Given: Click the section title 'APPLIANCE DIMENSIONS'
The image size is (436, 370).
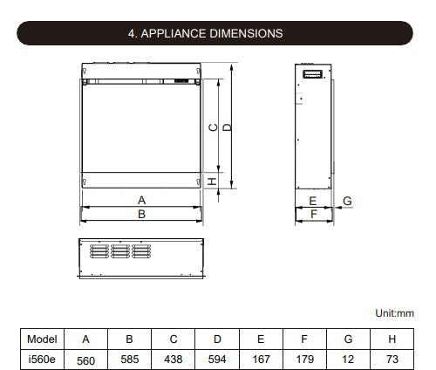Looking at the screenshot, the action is coord(212,33).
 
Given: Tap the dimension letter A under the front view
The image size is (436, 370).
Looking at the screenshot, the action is coord(141,200).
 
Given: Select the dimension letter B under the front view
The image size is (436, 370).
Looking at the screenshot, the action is coord(141,214).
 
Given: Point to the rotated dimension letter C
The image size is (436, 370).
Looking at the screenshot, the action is coord(214,127).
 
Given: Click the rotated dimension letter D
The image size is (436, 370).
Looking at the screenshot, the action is coord(228,127).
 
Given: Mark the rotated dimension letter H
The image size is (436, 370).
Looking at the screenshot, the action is coord(213,182).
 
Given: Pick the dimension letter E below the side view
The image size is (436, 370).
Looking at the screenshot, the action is coord(313,201).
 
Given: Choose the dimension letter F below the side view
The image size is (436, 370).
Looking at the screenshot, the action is coord(313,214).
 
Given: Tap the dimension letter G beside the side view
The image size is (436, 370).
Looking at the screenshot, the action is coord(347,201).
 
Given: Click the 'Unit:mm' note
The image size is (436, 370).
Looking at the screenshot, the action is coord(394,313).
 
